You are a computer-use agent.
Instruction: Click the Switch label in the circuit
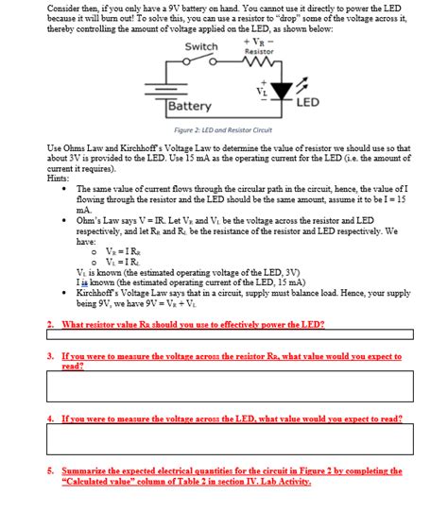pyautogui.click(x=201, y=47)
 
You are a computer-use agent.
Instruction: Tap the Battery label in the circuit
pyautogui.click(x=190, y=107)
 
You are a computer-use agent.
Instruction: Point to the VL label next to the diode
pyautogui.click(x=261, y=91)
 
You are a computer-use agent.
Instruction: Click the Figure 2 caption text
pyautogui.click(x=223, y=129)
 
